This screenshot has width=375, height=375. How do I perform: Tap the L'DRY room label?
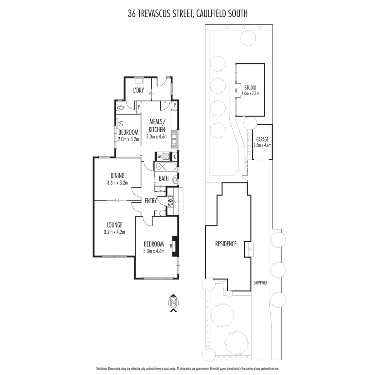click(138, 90)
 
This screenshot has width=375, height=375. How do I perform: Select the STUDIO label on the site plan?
click(250, 88)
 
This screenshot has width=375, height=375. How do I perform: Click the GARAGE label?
click(262, 139)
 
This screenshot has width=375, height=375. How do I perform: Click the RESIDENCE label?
click(226, 244)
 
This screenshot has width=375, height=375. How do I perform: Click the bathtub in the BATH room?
click(166, 167)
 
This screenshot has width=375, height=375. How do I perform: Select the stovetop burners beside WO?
click(166, 156)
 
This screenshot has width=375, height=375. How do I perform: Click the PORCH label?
click(171, 201)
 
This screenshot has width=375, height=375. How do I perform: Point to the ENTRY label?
click(151, 201)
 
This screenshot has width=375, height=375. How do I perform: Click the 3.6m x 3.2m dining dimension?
click(117, 183)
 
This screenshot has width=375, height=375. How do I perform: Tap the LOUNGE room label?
click(114, 225)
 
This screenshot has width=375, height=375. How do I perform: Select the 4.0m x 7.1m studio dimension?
click(250, 93)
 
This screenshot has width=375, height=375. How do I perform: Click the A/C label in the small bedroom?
click(120, 123)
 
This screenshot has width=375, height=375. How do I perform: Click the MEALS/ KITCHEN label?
click(157, 126)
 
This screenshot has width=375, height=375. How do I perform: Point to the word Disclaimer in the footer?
click(102, 368)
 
